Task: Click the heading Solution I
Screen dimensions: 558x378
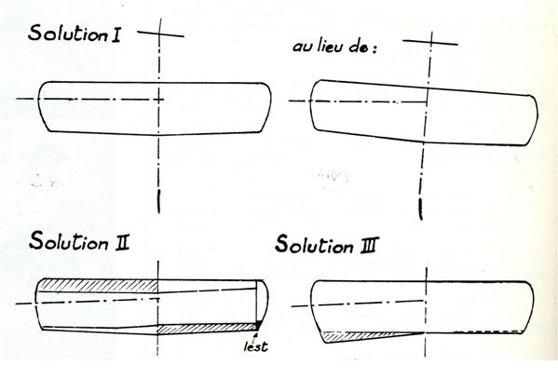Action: pos(74,34)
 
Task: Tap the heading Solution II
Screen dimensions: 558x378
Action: pos(79,241)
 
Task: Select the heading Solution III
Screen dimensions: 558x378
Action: pos(327,245)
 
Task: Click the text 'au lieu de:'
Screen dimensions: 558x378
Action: pos(334,47)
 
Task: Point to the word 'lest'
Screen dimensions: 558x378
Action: pos(256,346)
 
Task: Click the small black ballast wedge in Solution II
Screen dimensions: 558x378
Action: pos(259,325)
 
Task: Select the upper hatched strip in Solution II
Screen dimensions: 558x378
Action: pos(98,285)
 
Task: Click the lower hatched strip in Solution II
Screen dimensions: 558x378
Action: pos(208,329)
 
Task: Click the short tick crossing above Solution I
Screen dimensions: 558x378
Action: pos(160,34)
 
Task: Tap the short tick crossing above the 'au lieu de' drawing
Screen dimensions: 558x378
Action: pos(430,42)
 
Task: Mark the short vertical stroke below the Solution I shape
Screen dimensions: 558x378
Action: pos(158,202)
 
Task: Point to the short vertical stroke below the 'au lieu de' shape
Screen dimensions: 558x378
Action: pos(421,209)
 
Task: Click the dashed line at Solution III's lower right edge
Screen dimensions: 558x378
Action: pos(486,331)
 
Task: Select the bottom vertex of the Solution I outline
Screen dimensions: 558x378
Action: pos(159,136)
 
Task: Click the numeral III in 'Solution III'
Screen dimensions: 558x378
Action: pos(370,246)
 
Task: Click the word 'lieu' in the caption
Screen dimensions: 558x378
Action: pos(329,47)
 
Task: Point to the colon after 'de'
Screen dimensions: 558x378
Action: pos(374,49)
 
